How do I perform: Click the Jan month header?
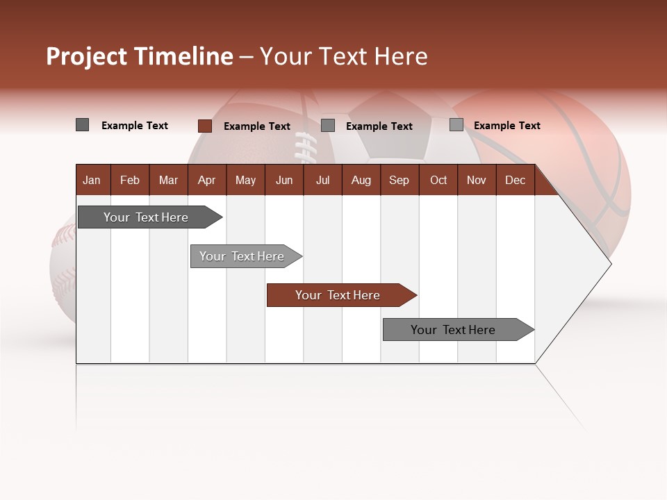(92, 180)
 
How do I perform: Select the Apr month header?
(207, 180)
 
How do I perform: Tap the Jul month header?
(322, 180)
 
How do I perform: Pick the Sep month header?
(399, 180)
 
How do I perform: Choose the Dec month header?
(515, 180)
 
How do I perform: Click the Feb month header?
(130, 180)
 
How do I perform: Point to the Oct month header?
(438, 180)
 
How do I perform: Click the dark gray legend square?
(82, 125)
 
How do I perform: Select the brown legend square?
(204, 126)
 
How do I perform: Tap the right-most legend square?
(456, 125)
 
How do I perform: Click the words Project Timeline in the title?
(139, 56)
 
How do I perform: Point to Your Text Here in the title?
(343, 56)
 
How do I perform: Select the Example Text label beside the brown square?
(256, 126)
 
